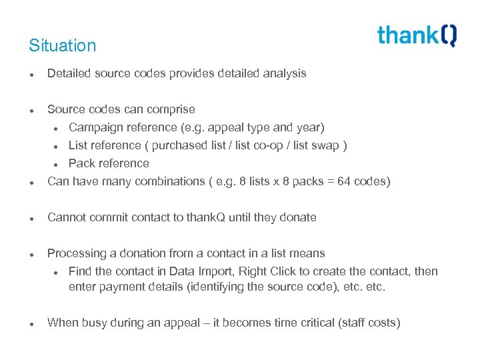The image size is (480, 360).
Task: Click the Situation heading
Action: coord(63,46)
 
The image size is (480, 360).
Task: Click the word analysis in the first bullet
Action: coord(285,73)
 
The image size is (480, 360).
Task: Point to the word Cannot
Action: coord(66,217)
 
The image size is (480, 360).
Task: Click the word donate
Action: coord(298,217)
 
